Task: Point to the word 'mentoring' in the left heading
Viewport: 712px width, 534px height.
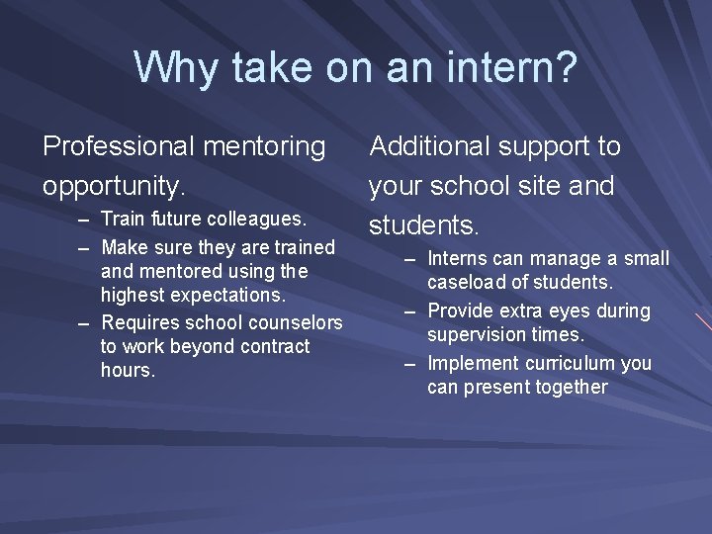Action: point(265,146)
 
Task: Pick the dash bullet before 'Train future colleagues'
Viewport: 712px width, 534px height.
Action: point(86,218)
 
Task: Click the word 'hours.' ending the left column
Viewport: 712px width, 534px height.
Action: point(128,371)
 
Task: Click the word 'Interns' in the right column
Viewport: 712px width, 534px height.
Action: point(458,259)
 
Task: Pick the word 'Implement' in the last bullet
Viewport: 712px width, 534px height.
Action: point(471,363)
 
